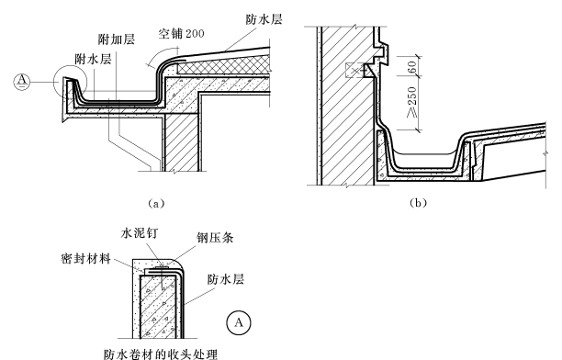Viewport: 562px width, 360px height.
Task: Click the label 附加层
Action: coord(117,39)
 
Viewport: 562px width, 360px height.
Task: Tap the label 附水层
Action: coord(93,59)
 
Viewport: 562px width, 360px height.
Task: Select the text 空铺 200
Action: coord(181,34)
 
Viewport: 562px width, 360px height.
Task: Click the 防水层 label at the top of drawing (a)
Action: coord(264,19)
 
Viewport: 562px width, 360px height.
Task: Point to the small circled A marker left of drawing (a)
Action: coord(22,82)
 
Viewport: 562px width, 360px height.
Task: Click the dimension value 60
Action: coord(412,67)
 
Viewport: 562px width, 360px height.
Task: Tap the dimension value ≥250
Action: coord(412,102)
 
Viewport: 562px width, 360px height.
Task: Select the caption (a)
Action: coord(156,204)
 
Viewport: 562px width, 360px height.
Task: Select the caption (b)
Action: coord(418,203)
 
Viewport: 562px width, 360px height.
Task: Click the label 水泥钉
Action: coord(140,233)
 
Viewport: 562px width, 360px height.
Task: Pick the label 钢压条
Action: coord(215,237)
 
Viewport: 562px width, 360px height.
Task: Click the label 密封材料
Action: coord(85,258)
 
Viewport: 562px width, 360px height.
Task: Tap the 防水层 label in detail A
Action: coord(226,279)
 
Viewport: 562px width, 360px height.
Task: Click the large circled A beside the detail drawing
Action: coord(239,322)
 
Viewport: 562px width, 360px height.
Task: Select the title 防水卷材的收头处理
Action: coord(161,354)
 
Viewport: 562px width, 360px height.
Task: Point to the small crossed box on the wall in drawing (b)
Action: coord(354,71)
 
